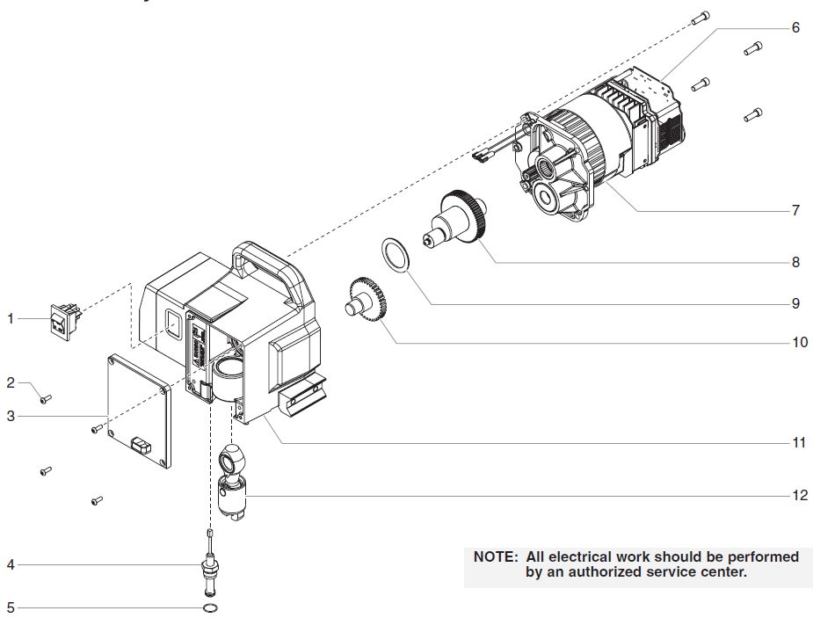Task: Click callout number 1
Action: (x=11, y=318)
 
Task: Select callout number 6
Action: (x=795, y=27)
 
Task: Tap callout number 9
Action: (x=795, y=303)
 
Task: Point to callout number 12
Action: (x=799, y=495)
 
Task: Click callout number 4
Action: (x=11, y=564)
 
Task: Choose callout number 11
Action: (x=798, y=442)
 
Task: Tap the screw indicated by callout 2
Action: (x=46, y=399)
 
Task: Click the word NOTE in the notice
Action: (x=496, y=556)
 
